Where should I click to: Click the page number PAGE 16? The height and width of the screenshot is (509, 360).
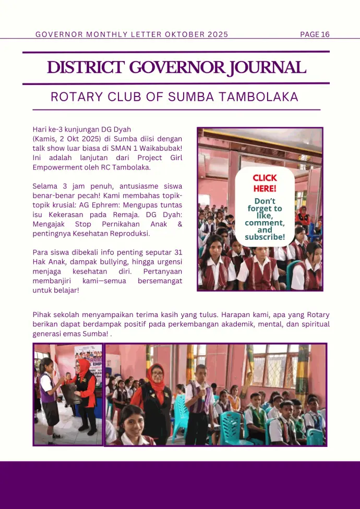coord(315,34)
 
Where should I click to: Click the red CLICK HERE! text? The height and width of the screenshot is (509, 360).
coord(265,183)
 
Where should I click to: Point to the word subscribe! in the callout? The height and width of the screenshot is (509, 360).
coord(265,237)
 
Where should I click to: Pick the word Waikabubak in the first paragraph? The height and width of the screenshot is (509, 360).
coord(159,148)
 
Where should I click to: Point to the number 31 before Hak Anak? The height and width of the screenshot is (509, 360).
coord(177,252)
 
